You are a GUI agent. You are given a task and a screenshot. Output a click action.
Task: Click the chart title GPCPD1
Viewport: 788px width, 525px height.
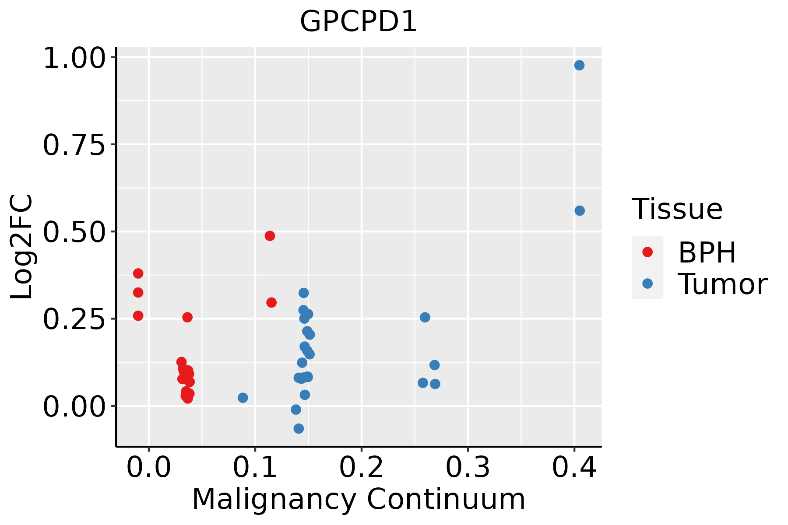point(358,21)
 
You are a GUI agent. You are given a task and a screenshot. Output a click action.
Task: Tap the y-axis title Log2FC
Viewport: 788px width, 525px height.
point(22,247)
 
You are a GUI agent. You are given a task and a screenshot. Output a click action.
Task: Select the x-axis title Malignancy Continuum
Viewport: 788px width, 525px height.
point(358,500)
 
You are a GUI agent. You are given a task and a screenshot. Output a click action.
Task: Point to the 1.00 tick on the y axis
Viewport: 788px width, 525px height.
point(74,58)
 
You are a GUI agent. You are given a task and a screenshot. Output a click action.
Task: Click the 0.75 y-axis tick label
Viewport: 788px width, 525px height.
point(74,145)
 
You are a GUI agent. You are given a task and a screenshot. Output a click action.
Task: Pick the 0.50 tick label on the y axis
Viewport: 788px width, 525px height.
point(74,232)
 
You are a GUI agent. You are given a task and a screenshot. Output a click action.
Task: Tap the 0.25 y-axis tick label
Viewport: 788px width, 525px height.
point(74,320)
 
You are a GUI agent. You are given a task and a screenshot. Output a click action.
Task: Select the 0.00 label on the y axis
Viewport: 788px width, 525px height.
point(74,407)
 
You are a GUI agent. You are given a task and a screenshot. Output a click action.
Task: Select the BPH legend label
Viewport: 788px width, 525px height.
point(707,252)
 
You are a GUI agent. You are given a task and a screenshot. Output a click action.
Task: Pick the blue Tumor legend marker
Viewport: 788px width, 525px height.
point(647,283)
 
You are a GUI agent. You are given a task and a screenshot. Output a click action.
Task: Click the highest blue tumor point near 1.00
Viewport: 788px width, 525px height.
point(579,66)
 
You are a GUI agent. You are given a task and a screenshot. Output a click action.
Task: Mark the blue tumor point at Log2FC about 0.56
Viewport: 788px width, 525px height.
point(580,211)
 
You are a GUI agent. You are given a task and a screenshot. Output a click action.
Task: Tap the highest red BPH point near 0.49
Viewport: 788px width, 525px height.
point(270,236)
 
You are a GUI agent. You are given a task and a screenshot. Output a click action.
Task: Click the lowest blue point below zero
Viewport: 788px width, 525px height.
point(299,428)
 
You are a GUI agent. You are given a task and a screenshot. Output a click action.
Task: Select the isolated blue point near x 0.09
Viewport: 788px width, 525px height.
point(243,398)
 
